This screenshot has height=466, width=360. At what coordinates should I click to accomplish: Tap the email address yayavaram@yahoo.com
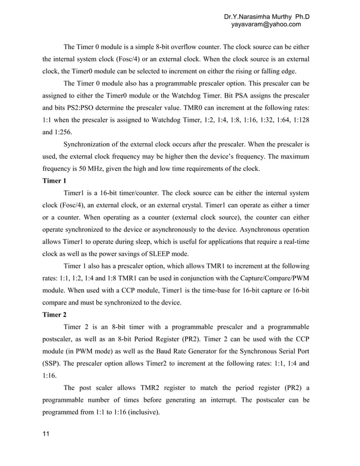click(x=266, y=24)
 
